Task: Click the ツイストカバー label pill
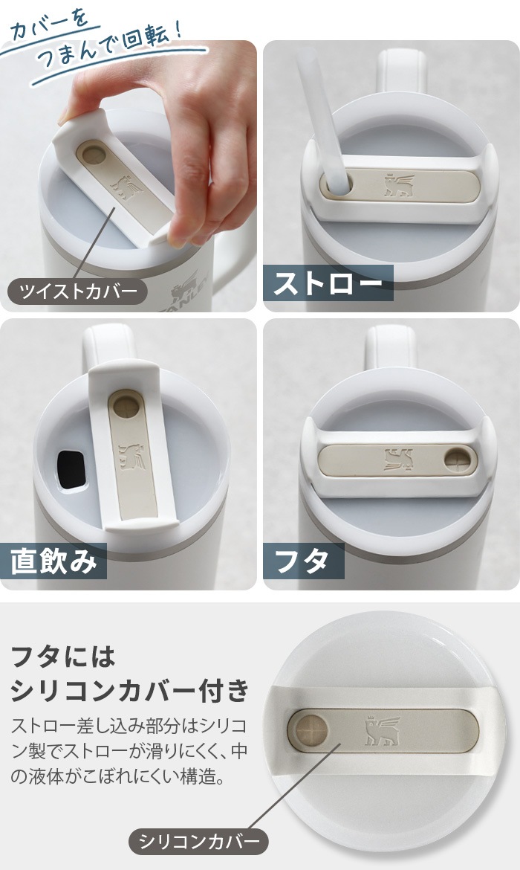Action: (x=77, y=291)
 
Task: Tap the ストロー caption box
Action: (x=328, y=283)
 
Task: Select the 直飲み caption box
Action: (x=53, y=561)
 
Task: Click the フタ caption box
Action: (x=303, y=561)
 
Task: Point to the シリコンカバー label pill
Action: (x=198, y=842)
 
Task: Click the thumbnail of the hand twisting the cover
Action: (x=128, y=175)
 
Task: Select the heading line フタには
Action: (x=63, y=657)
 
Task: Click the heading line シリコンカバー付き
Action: (x=130, y=690)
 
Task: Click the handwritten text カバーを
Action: (x=51, y=27)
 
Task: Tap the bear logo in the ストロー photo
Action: (x=399, y=185)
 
